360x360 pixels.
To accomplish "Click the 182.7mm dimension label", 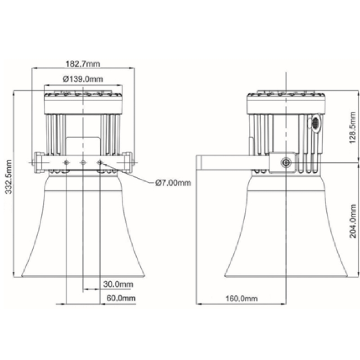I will point(84,63).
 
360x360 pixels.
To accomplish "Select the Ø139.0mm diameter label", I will point(84,79).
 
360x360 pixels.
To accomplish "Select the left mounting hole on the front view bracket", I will point(67,162).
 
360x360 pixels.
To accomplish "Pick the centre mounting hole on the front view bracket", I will point(83,162).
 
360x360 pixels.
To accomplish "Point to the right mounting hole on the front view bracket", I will point(100,162).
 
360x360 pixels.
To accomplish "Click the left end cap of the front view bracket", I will point(36,160).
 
